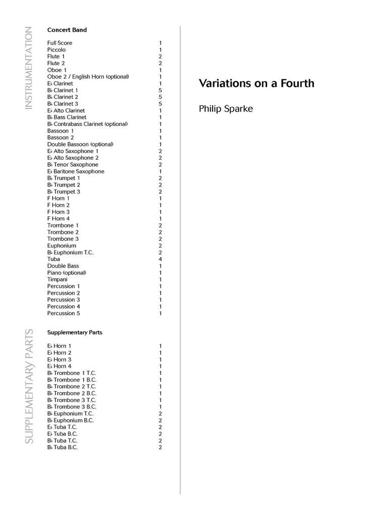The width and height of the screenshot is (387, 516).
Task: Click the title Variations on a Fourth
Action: point(256,83)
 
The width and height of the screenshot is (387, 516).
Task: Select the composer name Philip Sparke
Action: point(225,108)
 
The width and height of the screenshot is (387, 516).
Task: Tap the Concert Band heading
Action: point(67,30)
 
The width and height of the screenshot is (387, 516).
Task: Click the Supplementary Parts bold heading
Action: point(75,333)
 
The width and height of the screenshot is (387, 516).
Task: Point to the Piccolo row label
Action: point(56,50)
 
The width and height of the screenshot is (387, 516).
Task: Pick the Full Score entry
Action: point(60,43)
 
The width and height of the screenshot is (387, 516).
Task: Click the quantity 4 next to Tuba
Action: point(160,259)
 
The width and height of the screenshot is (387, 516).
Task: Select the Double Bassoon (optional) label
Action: point(80,144)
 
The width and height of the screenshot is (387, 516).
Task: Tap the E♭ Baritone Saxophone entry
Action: point(76,171)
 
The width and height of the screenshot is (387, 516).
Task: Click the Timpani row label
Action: point(57,279)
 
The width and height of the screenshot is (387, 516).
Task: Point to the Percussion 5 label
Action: point(63,313)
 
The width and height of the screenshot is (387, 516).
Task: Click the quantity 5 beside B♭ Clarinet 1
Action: point(160,90)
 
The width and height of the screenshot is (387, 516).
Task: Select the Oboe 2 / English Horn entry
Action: point(88,77)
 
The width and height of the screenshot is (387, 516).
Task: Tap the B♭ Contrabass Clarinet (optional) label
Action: point(87,124)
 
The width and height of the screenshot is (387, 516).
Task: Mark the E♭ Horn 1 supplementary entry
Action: point(59,346)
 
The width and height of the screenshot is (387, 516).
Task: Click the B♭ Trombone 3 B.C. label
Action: point(72,407)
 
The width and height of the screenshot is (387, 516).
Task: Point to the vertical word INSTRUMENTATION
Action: point(29,68)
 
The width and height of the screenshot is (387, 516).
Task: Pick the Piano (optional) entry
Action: point(67,273)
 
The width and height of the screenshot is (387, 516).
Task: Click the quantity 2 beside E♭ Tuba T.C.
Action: point(160,427)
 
